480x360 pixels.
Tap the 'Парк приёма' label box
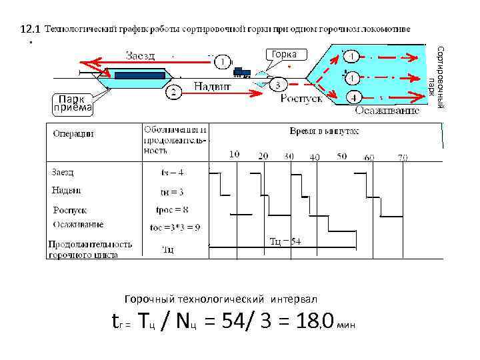coord(73,103)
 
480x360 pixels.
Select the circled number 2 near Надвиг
coord(173,92)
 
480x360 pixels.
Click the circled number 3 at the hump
coord(278,84)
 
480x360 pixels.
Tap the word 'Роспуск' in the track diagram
coord(301,98)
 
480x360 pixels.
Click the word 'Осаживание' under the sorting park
coord(387,110)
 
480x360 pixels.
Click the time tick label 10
coord(235,155)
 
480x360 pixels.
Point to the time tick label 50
coord(341,156)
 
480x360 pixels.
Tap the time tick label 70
coord(402,157)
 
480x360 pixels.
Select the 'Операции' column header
coord(73,133)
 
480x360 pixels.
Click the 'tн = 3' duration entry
coord(172,192)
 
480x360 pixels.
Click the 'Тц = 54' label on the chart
coord(285,241)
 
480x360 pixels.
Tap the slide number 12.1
coord(31,29)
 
